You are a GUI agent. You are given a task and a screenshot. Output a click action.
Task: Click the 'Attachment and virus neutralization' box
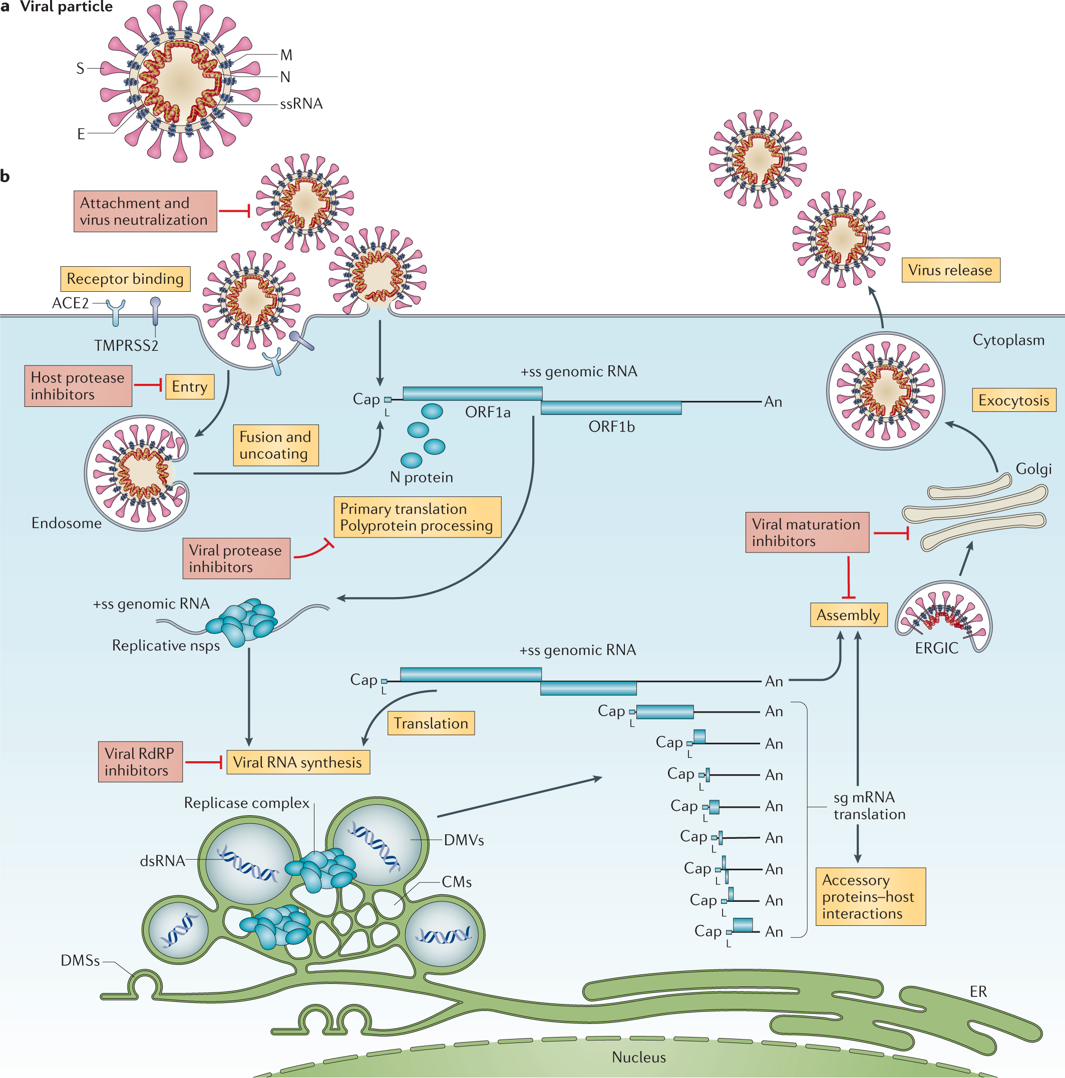tap(145, 211)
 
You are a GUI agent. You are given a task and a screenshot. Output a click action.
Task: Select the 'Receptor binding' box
tap(125, 278)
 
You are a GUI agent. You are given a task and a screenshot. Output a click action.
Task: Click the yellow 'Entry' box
tap(190, 386)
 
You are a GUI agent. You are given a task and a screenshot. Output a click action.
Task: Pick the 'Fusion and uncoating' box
tap(275, 445)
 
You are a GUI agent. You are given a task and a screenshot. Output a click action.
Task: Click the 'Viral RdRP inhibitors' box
tap(140, 761)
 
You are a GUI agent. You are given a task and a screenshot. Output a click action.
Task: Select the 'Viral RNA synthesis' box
tap(297, 762)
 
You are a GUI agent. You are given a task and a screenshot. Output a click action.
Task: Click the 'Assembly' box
tap(848, 615)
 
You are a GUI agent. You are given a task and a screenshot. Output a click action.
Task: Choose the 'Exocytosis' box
tap(1013, 399)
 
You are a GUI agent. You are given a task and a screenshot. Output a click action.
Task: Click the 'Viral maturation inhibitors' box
tap(807, 532)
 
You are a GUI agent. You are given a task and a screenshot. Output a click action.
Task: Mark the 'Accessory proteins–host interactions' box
tap(870, 896)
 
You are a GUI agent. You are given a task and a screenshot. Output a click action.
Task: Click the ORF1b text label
tap(611, 426)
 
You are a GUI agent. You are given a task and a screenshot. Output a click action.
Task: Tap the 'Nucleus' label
tap(638, 1057)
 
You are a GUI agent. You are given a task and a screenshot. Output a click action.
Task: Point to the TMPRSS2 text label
tap(126, 345)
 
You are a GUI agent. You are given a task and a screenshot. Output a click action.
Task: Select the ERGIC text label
tap(937, 648)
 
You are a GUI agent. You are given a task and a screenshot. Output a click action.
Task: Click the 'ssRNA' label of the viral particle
tap(301, 104)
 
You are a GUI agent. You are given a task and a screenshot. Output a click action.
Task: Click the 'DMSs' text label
tap(81, 960)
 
